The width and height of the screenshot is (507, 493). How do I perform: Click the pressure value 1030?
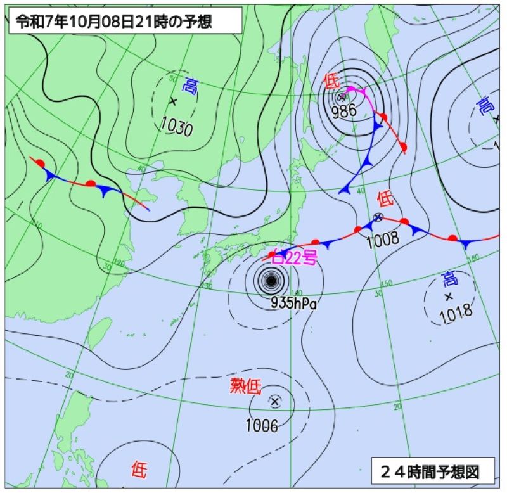[x=177, y=127]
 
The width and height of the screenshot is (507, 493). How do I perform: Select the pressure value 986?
[x=343, y=112]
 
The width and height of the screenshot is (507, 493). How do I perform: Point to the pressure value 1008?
[x=383, y=238]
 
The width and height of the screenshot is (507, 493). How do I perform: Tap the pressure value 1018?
[x=456, y=312]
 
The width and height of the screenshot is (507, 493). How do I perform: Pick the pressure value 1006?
[x=262, y=426]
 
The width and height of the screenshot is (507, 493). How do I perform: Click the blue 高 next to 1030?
[x=189, y=86]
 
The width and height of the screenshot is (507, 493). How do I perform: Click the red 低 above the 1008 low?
[x=385, y=199]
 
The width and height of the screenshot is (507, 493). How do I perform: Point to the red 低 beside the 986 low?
[x=331, y=80]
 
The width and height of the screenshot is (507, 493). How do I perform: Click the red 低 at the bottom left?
[x=139, y=470]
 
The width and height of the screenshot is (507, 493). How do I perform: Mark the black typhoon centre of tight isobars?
[x=271, y=279]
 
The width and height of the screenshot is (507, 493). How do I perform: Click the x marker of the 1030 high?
[x=172, y=101]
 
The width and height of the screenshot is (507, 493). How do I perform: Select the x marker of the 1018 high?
[x=449, y=296]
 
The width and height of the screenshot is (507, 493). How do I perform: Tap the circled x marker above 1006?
[x=274, y=401]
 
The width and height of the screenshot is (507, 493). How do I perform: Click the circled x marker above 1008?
[x=378, y=217]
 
